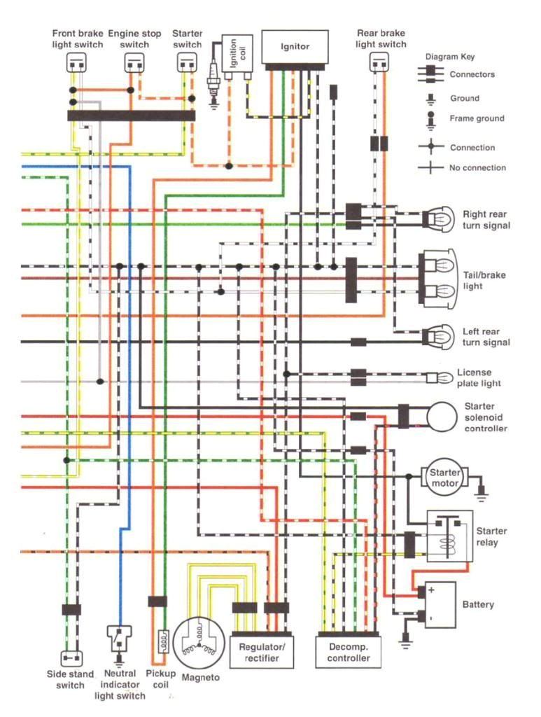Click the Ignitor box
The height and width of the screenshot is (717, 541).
[295, 47]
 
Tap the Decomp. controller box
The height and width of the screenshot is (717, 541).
[349, 652]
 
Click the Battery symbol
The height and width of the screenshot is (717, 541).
[440, 604]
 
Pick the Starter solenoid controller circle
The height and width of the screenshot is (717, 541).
[445, 417]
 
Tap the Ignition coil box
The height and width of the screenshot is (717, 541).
[237, 53]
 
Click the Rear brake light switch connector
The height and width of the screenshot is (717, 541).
[379, 64]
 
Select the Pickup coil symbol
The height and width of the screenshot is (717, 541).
[160, 640]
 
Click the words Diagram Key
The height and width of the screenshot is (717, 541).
[450, 57]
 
